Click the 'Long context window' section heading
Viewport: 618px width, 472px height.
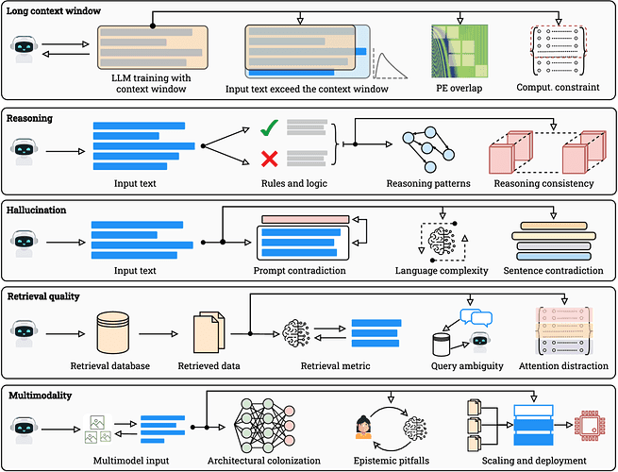click(53, 10)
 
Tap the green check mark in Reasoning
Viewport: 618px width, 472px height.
click(270, 127)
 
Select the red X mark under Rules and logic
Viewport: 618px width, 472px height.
click(270, 159)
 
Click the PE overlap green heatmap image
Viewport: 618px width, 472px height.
click(459, 51)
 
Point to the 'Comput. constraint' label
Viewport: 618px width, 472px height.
click(558, 87)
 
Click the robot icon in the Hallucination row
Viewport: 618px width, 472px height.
click(24, 244)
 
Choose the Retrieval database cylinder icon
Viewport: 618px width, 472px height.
click(113, 332)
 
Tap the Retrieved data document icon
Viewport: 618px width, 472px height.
click(209, 332)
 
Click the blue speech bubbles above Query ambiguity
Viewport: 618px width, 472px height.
click(476, 316)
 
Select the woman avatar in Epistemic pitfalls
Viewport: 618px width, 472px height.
click(363, 428)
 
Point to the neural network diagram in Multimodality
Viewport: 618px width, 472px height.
click(264, 426)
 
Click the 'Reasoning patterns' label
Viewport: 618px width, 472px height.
click(428, 183)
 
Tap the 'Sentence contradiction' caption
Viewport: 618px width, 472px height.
click(553, 271)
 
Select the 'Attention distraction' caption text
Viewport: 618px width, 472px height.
click(563, 366)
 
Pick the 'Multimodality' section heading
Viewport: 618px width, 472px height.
click(41, 396)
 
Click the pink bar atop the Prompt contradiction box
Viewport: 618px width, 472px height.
click(306, 219)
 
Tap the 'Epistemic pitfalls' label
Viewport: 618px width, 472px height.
click(391, 461)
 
